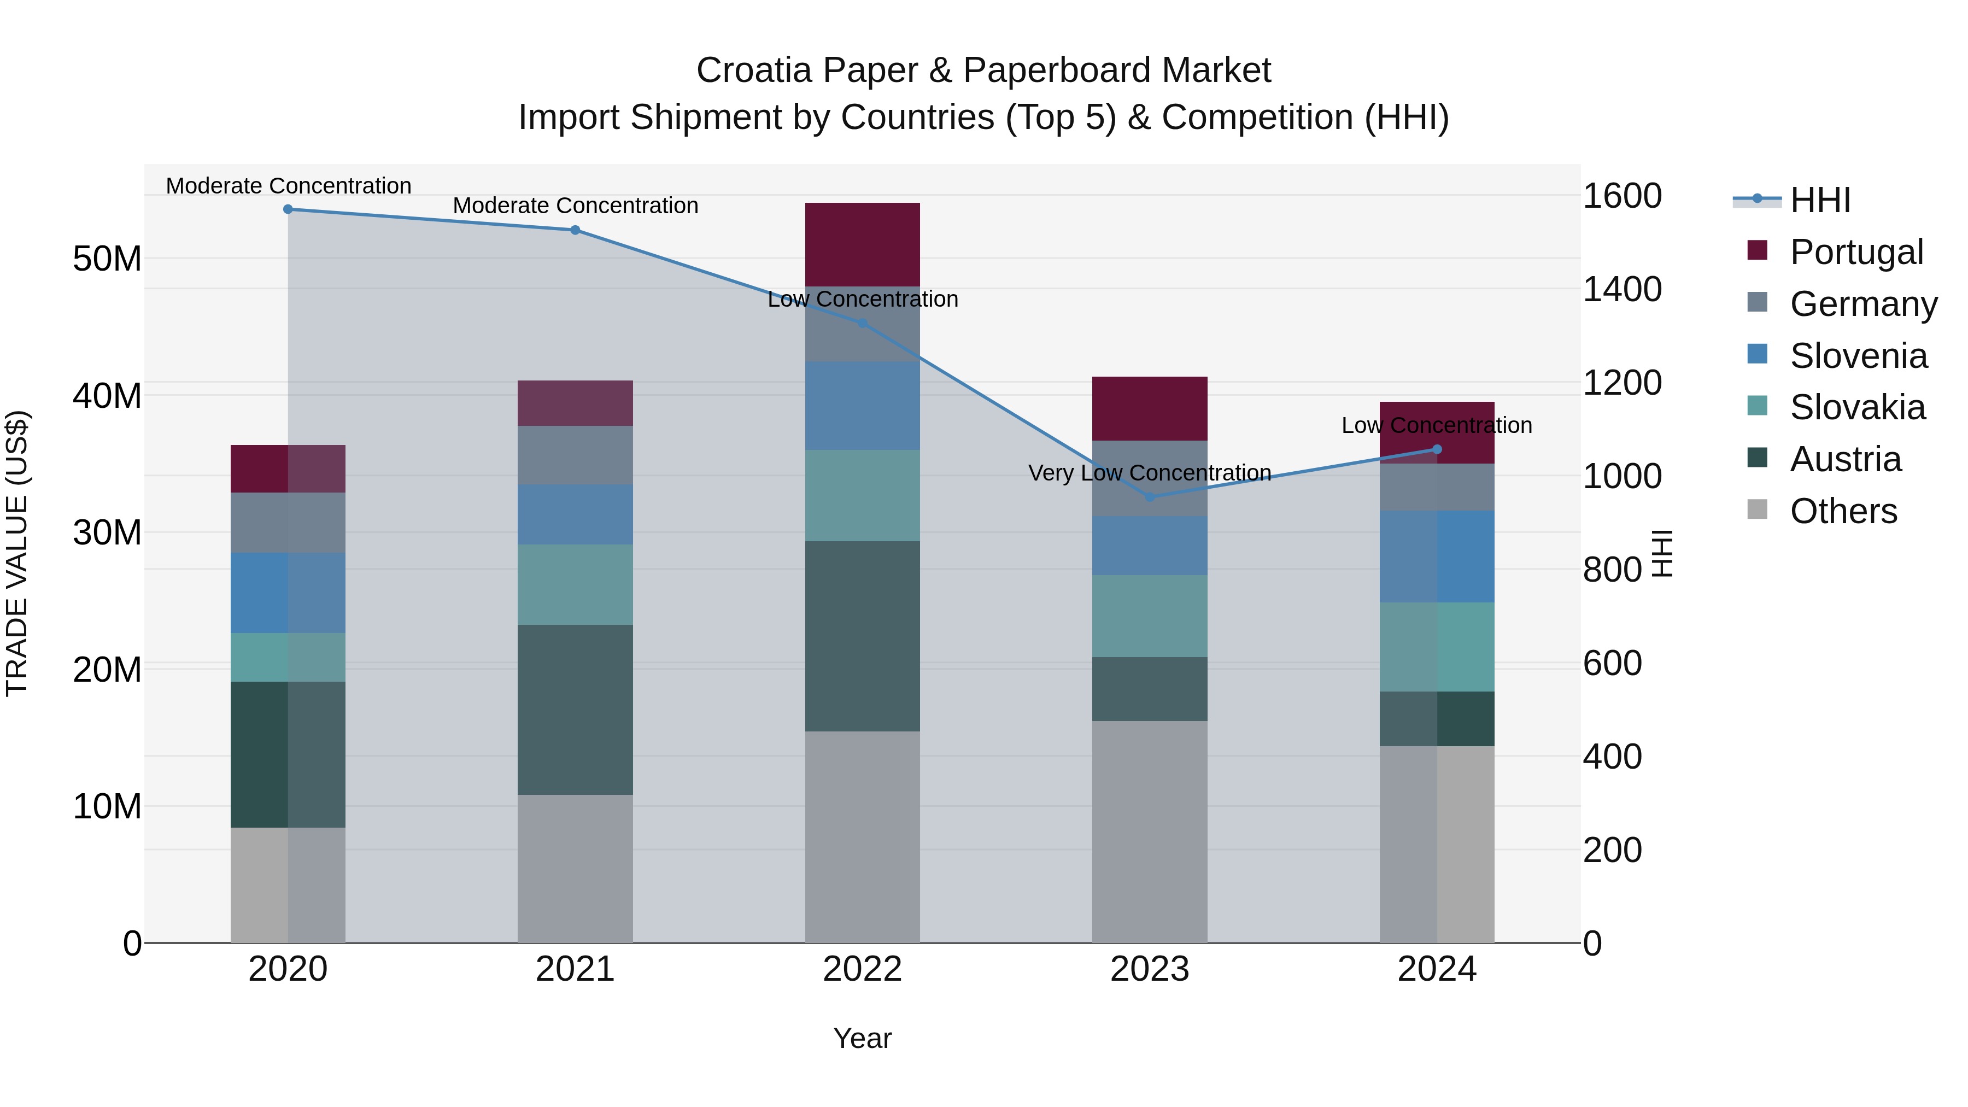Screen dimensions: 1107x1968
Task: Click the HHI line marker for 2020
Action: (x=288, y=209)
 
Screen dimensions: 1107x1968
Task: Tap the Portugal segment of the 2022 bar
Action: (x=863, y=244)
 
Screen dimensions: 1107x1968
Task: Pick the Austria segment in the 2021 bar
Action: (x=575, y=710)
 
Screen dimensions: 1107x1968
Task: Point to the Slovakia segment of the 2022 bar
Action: (x=863, y=495)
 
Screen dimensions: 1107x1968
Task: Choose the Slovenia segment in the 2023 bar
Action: (x=1150, y=546)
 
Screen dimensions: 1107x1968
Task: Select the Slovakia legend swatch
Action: (x=1757, y=406)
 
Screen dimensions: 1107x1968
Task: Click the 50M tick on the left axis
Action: (x=107, y=259)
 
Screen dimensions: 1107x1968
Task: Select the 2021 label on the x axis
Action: (x=575, y=969)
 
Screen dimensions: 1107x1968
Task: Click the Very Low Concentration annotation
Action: (x=1150, y=473)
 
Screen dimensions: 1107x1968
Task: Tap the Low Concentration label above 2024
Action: (x=1436, y=425)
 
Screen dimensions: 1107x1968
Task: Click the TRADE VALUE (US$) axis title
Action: (x=17, y=553)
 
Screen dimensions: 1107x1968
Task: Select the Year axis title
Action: (x=863, y=1038)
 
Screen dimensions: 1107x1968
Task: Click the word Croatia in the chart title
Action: (x=753, y=71)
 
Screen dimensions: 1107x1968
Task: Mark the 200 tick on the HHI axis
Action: (x=1612, y=850)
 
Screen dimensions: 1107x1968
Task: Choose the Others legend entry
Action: (x=1843, y=511)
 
